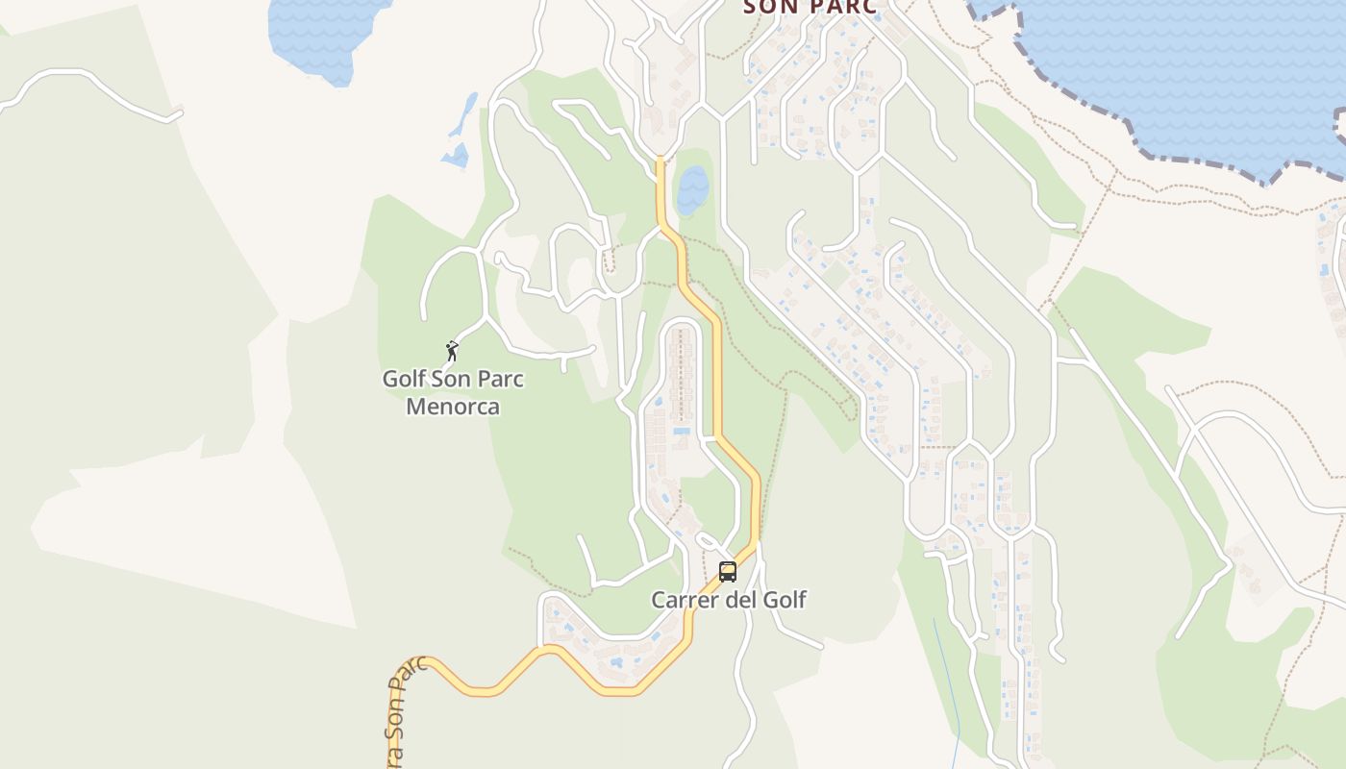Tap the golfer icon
[452, 351]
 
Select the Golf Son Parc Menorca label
[453, 392]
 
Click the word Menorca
[453, 407]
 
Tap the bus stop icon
[728, 572]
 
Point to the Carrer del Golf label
[729, 600]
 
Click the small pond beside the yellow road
[692, 189]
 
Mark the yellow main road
[717, 384]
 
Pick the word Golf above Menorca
[404, 379]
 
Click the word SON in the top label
[765, 7]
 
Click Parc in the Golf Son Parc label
[502, 379]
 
